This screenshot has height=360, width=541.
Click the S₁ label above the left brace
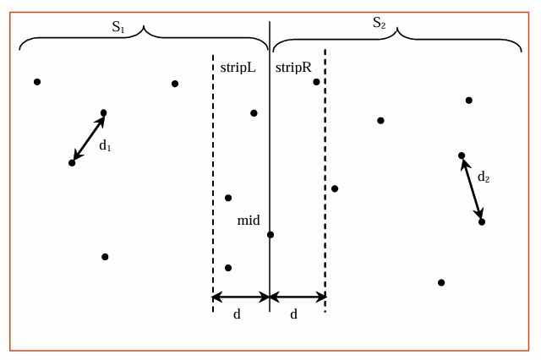118,26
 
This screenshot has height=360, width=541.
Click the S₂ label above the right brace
380,23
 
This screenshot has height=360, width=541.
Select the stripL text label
238,67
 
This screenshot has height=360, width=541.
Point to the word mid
249,221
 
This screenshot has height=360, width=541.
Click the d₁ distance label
106,145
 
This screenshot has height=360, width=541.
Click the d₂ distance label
484,177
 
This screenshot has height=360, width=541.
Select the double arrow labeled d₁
88,137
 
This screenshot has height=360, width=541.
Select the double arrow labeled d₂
472,188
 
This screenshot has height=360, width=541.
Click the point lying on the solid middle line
270,235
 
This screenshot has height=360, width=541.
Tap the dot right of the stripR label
316,82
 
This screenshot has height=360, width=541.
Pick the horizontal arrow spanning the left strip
241,297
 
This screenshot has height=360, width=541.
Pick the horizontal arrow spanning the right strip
298,297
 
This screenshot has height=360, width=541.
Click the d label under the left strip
238,314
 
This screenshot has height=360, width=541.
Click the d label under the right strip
294,314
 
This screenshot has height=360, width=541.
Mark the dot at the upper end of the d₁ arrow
104,112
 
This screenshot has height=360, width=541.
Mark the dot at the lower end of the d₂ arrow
482,221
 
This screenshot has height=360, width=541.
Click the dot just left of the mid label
228,198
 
